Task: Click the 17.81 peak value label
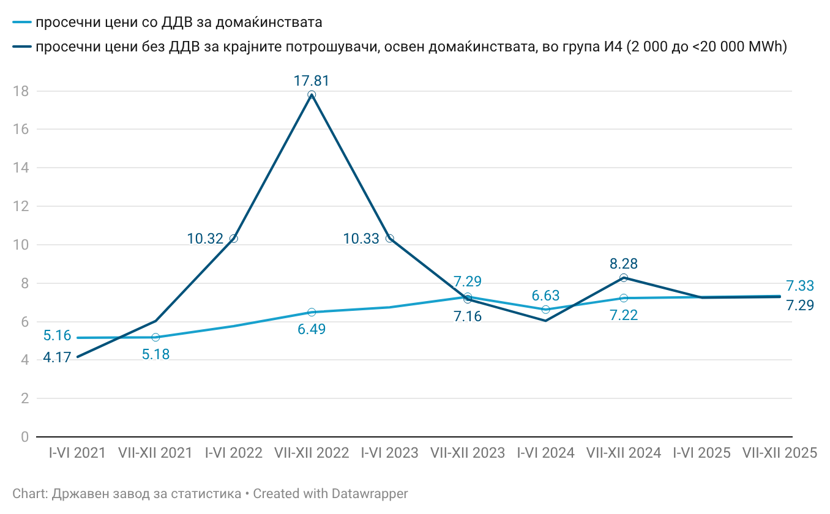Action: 312,81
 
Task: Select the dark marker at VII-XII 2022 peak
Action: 312,95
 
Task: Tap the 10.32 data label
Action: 205,239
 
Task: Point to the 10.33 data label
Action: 361,239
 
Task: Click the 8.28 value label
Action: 624,264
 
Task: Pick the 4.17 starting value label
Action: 57,357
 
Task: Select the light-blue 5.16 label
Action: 57,336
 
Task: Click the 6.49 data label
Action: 312,329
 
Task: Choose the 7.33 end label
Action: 800,286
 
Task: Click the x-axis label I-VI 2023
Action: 390,453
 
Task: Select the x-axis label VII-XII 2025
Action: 780,453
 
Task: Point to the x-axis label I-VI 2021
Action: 78,453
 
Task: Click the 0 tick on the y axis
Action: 24,437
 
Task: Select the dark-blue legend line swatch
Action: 22,47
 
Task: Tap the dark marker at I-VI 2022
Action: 233,239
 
